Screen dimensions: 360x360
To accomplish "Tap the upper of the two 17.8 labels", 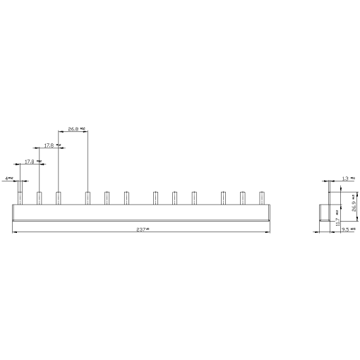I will pos(50,145).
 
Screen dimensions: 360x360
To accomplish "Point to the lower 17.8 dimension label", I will pos(30,162).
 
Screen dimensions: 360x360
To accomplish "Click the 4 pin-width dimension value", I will pos(8,179).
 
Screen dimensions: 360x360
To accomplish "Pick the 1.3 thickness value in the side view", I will pos(345,179).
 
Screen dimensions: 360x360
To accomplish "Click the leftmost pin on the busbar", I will pos(20,198).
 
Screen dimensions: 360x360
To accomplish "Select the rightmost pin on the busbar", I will pos(262,198).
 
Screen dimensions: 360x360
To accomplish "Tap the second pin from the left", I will pos(40,198).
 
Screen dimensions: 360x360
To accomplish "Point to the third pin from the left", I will pos(58,198).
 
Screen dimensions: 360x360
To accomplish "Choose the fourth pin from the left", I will pos(88,198).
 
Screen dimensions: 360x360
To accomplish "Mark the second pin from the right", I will pos(242,198).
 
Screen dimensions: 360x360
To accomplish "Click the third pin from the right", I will pos(223,198).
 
